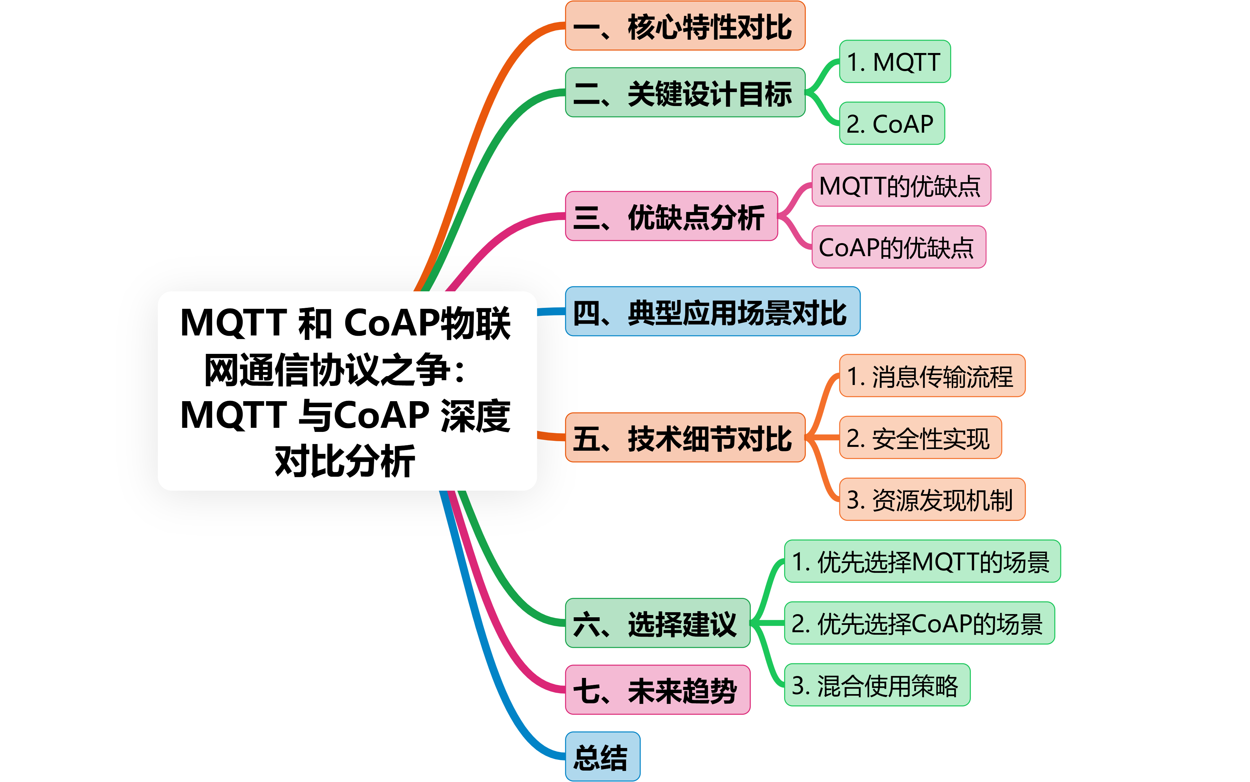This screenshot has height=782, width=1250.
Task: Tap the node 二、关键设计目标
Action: [684, 93]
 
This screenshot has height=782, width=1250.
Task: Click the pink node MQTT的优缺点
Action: [901, 186]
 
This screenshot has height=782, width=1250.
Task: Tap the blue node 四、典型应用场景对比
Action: [712, 312]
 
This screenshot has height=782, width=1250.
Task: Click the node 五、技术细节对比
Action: [684, 438]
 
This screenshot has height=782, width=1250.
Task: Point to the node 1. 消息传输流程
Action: [931, 376]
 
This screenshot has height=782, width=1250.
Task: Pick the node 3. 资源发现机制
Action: [931, 500]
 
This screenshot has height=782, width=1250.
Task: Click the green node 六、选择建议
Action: [657, 623]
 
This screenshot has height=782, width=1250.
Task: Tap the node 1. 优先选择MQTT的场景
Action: [922, 562]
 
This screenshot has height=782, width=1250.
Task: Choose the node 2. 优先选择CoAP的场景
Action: [919, 623]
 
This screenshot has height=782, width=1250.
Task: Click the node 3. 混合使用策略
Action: [877, 685]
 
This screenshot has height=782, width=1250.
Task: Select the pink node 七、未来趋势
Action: [657, 690]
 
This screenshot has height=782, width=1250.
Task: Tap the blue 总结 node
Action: [602, 757]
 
